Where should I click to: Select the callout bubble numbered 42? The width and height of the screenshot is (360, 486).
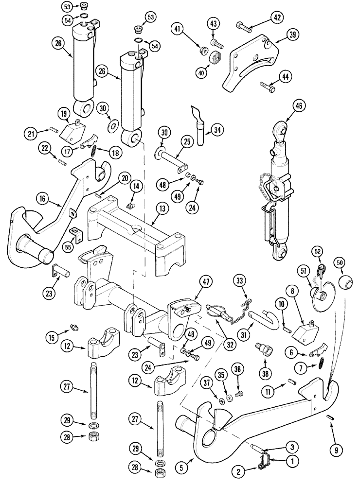point(277,19)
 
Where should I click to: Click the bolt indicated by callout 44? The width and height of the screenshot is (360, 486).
point(266,87)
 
